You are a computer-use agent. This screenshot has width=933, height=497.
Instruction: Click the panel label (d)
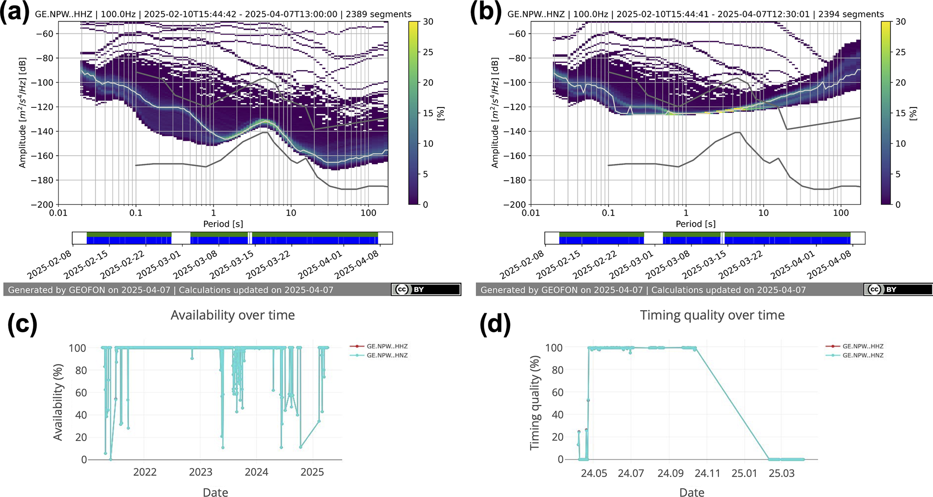click(x=495, y=324)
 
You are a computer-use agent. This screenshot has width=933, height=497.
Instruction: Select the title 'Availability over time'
click(x=232, y=315)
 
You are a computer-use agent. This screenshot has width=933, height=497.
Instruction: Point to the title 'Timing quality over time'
click(x=712, y=315)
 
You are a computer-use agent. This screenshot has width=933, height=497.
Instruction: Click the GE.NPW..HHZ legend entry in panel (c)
click(x=387, y=346)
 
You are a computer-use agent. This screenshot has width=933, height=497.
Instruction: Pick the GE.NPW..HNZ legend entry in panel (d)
click(x=863, y=355)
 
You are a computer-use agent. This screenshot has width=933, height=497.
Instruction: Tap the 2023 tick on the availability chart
click(x=200, y=472)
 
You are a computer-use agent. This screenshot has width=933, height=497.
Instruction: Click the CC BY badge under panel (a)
click(x=426, y=289)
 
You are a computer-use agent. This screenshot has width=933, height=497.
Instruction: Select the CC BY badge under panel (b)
click(x=898, y=289)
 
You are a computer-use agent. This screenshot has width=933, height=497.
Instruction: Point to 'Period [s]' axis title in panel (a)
click(x=223, y=224)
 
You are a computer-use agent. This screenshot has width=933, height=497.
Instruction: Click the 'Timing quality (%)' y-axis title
click(x=535, y=403)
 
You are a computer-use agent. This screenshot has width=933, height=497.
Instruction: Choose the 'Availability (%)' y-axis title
click(x=58, y=403)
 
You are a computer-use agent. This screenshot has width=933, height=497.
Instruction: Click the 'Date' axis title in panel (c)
click(x=215, y=492)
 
